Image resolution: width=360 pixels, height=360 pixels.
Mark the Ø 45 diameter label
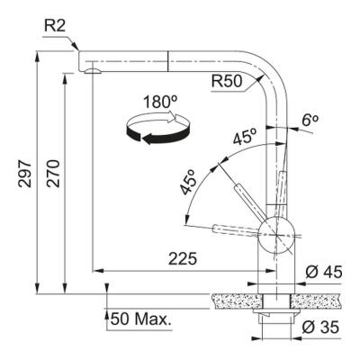[x=321, y=273]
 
